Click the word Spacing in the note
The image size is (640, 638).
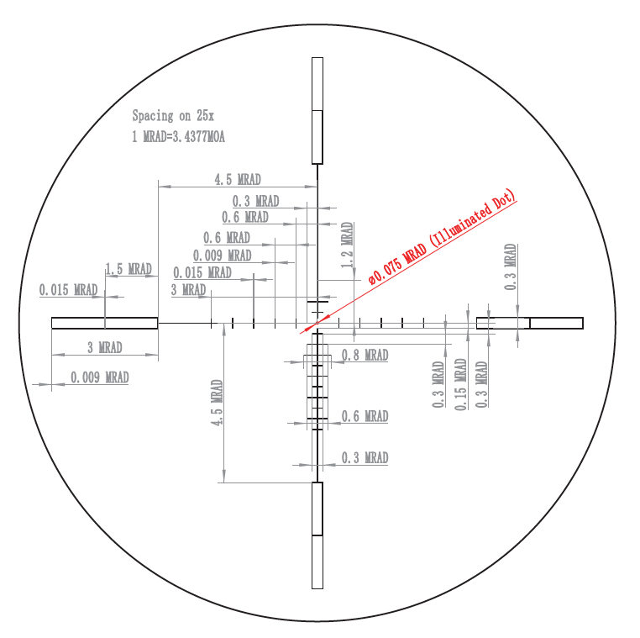pos(153,116)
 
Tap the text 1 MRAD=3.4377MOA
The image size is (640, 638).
pos(178,136)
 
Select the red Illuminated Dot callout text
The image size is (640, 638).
pos(443,237)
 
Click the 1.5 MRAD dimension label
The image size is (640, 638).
pos(129,269)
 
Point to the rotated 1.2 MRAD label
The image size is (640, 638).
pos(347,245)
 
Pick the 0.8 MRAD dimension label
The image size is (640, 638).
pos(365,355)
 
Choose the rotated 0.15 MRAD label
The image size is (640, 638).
pos(460,384)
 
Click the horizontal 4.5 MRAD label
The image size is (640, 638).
pos(238,179)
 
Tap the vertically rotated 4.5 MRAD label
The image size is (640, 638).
pos(218,403)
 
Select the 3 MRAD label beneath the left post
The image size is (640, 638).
pos(105,348)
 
